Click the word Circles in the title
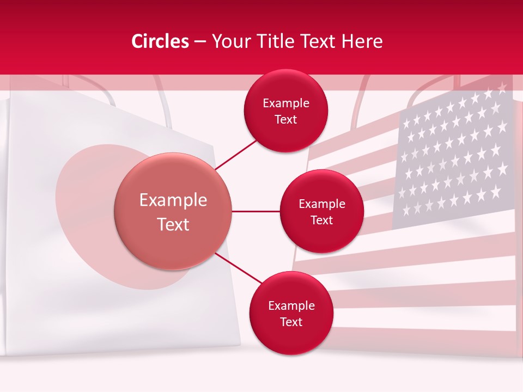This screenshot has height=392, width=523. point(160,41)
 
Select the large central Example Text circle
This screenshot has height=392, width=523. point(173,211)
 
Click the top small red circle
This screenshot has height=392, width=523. point(285,111)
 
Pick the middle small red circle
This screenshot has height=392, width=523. point(321,212)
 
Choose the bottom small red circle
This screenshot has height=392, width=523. point(291,314)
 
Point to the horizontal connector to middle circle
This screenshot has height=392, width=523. point(256,211)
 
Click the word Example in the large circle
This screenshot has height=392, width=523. point(173,200)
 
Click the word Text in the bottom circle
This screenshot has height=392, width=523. point(291,322)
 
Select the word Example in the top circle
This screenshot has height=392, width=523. point(285,103)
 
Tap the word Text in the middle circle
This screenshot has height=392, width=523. point(321,220)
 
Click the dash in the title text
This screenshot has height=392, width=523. point(200,41)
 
